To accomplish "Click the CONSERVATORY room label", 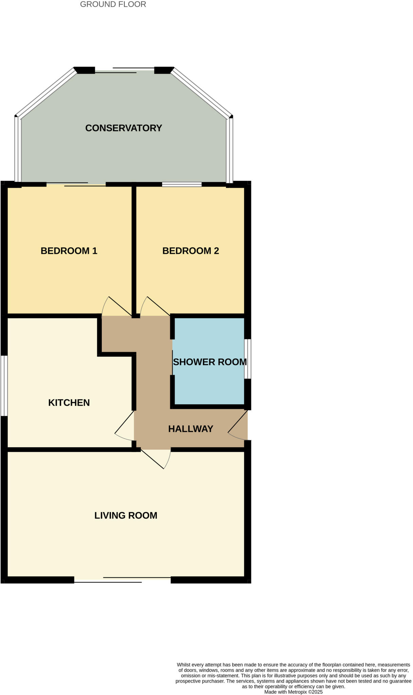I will [x=124, y=128].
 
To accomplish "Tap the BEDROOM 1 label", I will [x=69, y=251].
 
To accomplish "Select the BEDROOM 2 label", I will [x=190, y=251].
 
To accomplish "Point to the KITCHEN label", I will [x=69, y=402].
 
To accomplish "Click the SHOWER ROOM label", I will [x=210, y=362].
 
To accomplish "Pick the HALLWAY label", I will [x=190, y=429].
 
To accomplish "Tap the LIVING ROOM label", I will [x=126, y=515].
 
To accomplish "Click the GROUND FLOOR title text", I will [x=113, y=4].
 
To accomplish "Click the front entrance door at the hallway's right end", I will [x=238, y=426].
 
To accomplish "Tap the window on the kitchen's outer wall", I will [x=4, y=386].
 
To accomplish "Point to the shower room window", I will [x=248, y=359].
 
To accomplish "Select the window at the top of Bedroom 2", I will [x=182, y=185].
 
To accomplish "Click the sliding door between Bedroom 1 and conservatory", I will [x=76, y=185].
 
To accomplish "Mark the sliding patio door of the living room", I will [x=122, y=580].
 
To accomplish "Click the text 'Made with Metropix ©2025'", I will [x=293, y=692].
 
